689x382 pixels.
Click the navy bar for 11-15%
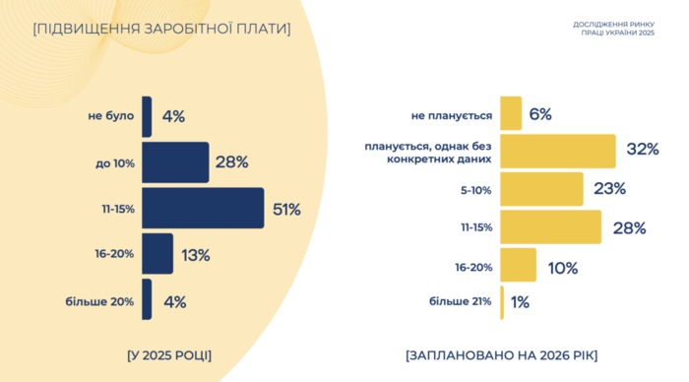click(x=203, y=208)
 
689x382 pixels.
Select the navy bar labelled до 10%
click(x=175, y=162)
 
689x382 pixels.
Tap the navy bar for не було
click(x=147, y=116)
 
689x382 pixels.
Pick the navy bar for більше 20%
click(x=147, y=300)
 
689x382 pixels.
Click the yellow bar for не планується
click(x=510, y=113)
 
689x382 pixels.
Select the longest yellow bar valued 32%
click(x=557, y=151)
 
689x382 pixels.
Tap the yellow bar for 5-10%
click(x=541, y=188)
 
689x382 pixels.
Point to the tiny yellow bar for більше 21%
click(x=502, y=302)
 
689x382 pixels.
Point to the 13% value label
click(x=195, y=255)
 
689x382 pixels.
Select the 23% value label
click(x=607, y=189)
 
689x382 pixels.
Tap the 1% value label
click(x=521, y=302)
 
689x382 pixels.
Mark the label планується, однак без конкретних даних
click(x=427, y=152)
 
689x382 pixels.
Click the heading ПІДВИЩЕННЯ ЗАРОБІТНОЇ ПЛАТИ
click(x=161, y=29)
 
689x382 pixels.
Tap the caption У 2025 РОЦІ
click(x=169, y=353)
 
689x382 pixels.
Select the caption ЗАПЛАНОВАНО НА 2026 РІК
click(x=500, y=353)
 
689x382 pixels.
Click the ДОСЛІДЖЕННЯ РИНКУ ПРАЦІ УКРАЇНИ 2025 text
click(x=612, y=28)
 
